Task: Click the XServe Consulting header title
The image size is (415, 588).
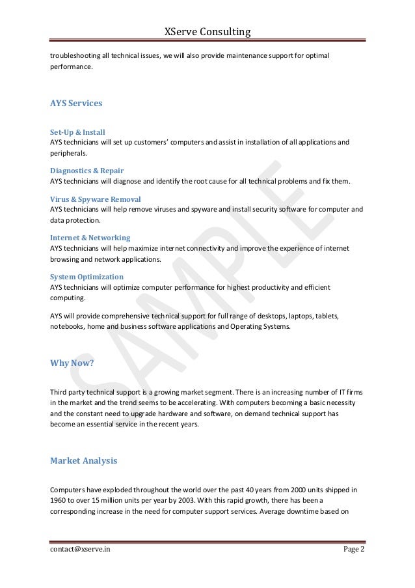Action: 207,32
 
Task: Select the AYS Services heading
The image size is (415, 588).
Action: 75,103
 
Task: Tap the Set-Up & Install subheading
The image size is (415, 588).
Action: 77,132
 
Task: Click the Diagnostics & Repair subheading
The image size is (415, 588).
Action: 87,171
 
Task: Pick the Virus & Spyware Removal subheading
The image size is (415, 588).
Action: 96,199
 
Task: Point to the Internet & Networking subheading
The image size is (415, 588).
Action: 90,238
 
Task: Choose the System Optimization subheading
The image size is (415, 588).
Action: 87,277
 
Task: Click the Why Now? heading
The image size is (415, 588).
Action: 72,363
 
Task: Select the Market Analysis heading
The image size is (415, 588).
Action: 83,461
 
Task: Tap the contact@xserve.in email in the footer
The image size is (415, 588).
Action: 80,550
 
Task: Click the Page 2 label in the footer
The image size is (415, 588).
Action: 354,550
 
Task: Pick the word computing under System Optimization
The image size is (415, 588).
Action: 67,298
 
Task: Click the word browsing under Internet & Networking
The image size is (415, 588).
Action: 65,259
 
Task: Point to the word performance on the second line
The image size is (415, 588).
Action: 72,67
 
